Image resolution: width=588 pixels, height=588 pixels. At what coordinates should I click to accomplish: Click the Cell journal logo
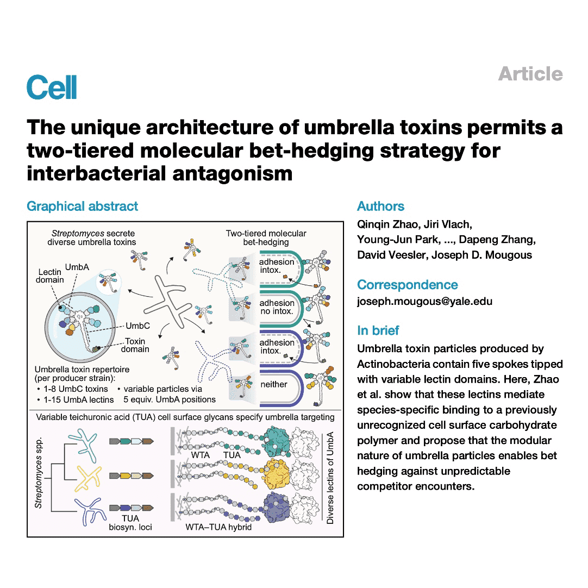pos(52,87)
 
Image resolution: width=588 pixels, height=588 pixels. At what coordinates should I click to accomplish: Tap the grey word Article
pos(530,74)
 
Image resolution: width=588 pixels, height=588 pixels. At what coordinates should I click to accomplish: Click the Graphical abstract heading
pos(82,207)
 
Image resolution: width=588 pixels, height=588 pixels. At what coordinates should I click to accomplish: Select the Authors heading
pos(380,207)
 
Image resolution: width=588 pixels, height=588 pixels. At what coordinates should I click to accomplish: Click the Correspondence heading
pos(407,285)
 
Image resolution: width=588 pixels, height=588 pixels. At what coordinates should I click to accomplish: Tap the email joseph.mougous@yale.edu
pos(424,301)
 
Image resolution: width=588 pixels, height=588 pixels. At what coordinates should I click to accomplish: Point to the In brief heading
pos(378,330)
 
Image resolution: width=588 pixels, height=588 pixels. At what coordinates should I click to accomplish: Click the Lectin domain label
pos(51,276)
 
